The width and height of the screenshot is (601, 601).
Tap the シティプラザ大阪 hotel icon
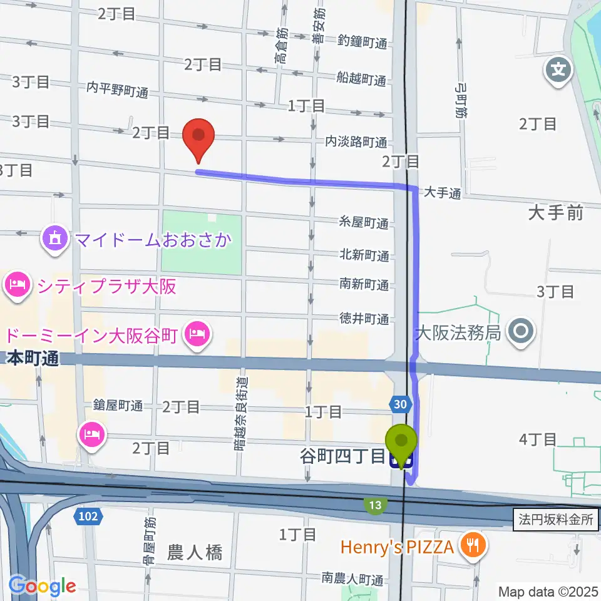coord(15,286)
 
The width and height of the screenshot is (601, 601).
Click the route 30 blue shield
coord(401,405)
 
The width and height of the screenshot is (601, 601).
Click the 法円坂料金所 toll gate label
coord(554,519)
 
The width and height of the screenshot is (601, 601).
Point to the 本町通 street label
coord(33,359)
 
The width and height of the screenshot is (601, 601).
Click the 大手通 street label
coord(443,193)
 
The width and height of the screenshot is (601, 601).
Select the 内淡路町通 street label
coord(355,143)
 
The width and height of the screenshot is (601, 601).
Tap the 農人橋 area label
coord(194,552)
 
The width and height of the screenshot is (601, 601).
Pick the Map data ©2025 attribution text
coord(548,591)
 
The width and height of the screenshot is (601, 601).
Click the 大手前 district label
coord(555,213)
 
